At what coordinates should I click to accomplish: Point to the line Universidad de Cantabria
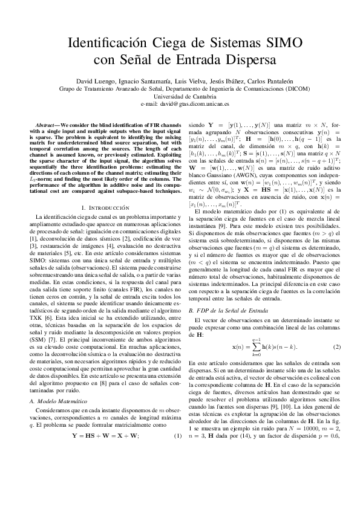point(180,96)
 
